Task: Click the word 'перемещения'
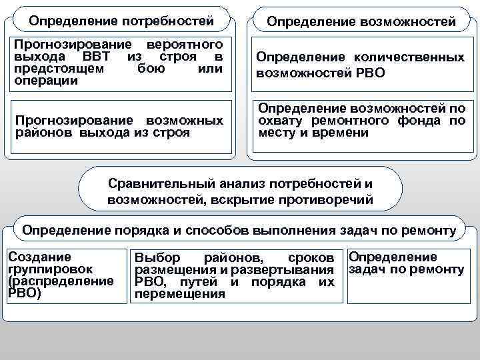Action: pos(180,294)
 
